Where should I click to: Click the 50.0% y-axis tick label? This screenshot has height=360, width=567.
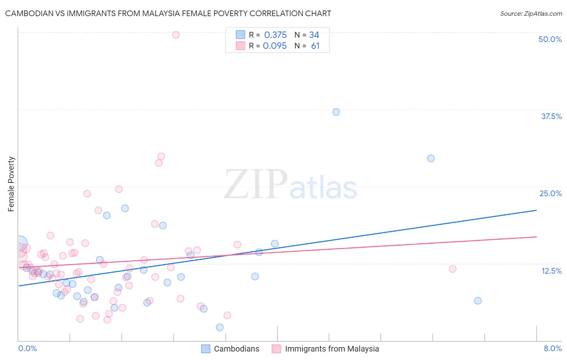point(550,39)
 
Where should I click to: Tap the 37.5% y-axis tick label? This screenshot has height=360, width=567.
point(551,116)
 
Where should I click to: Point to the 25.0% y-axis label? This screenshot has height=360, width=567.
point(550,193)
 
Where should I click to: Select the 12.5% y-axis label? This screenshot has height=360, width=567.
point(551,271)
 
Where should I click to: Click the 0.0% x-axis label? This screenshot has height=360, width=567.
point(27,348)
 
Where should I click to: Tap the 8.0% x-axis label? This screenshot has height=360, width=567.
point(552,348)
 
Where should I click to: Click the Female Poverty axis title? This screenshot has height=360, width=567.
point(11,184)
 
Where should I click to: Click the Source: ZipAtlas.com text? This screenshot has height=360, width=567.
point(531,13)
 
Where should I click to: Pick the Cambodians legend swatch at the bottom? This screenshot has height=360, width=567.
point(206,349)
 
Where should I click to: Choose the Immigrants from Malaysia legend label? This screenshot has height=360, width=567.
point(332,349)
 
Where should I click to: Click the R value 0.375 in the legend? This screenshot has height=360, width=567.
point(275,35)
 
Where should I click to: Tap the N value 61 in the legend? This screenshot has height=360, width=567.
point(315,46)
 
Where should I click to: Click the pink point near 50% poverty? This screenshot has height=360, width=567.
point(176,35)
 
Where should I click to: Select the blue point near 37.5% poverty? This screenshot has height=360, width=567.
point(336,112)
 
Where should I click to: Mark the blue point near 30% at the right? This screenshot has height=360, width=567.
point(431,158)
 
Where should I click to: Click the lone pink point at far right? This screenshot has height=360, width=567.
point(452,269)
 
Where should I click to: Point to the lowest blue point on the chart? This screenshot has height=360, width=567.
point(220,327)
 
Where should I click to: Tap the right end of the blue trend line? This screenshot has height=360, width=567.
point(536,210)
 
